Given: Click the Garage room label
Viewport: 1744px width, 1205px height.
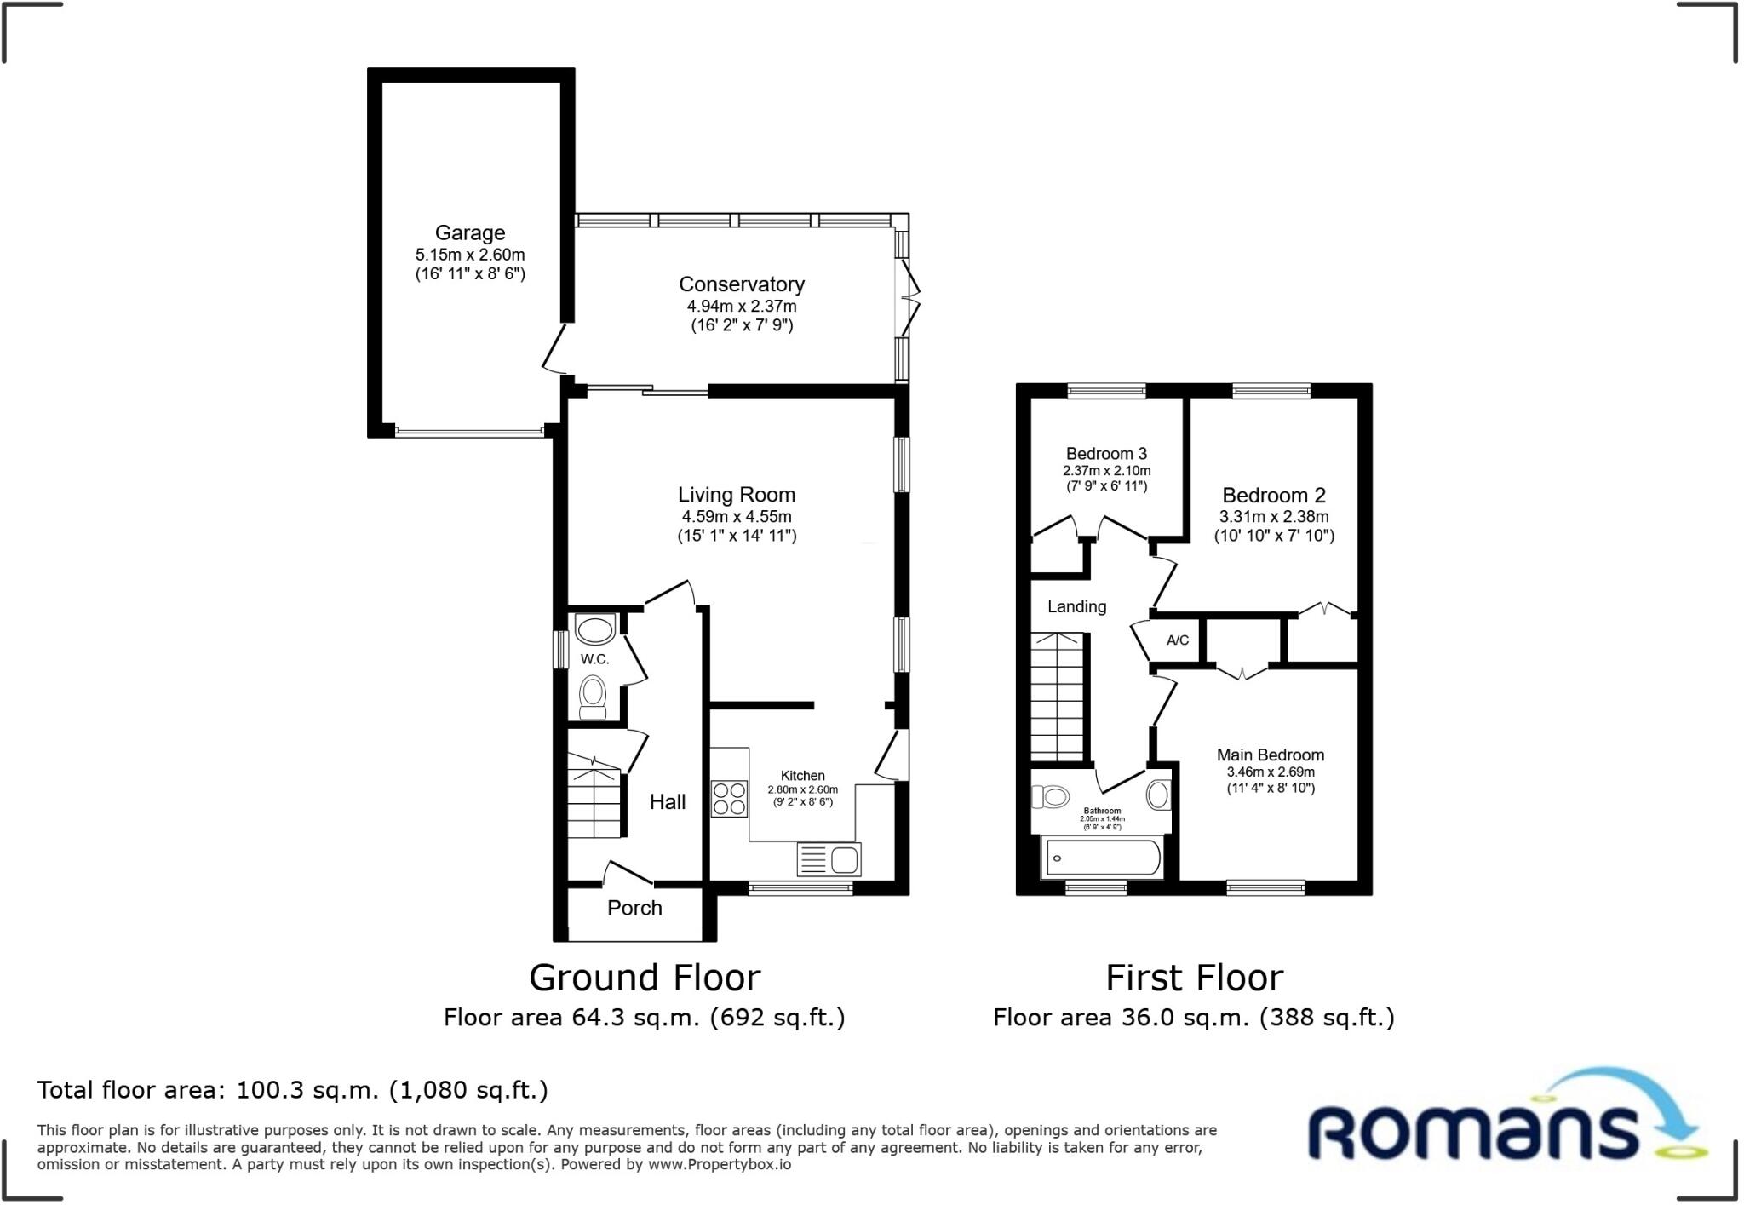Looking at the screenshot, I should point(469,232).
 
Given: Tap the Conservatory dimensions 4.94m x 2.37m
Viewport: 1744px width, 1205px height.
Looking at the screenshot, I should point(742,306).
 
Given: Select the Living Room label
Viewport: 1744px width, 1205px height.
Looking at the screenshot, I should point(736,495).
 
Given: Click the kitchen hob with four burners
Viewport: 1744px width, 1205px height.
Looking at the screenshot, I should point(730,799).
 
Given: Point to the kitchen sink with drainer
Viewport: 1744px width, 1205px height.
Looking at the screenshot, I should point(829,859).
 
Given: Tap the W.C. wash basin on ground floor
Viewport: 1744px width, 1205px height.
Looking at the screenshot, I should point(594,630).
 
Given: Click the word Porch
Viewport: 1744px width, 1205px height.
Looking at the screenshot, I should point(634,908).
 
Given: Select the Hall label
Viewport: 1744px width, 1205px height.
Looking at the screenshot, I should point(667,801).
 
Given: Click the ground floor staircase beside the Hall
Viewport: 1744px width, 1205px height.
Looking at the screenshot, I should point(594,796).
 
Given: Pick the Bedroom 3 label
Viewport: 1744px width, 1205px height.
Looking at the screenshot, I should point(1106,454).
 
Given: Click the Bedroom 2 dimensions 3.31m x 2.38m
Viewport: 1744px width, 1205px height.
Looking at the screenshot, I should point(1273,517).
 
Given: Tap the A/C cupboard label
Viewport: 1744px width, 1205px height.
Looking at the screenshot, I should point(1178,640).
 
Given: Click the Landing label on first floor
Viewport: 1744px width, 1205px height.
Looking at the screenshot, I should point(1076,606).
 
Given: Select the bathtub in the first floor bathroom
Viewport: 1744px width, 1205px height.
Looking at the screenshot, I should point(1102,858).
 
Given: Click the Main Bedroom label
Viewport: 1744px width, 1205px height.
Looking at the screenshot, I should point(1270,755).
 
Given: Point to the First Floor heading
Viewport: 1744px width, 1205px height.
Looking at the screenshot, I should point(1194,978).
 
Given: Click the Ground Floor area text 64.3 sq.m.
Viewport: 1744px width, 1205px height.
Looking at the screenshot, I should point(644,1018).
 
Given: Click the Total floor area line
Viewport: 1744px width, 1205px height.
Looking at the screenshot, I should point(292,1090).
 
